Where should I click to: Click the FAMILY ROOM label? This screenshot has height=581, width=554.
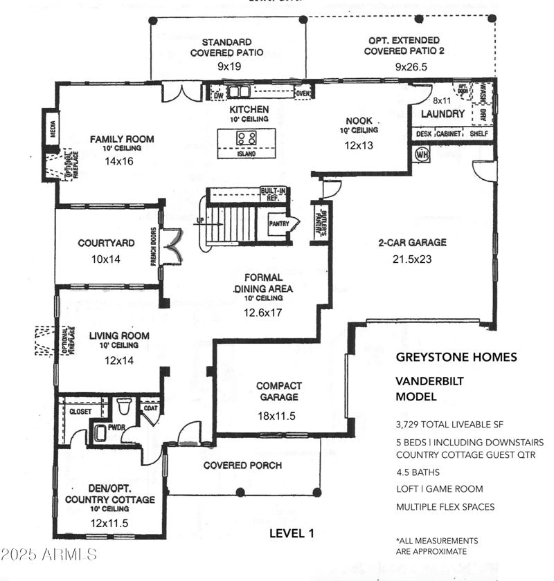click(122, 139)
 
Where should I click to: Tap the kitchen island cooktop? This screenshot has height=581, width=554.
click(247, 138)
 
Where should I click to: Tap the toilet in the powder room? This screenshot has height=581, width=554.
click(125, 405)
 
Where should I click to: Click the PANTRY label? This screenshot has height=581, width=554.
click(280, 223)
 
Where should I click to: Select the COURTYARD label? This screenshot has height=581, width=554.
click(106, 243)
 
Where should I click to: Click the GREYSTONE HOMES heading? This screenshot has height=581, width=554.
click(456, 358)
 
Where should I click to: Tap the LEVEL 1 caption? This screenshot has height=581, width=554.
click(292, 533)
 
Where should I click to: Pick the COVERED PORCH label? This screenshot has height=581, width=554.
click(242, 465)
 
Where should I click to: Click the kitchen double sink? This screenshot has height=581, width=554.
click(239, 91)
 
